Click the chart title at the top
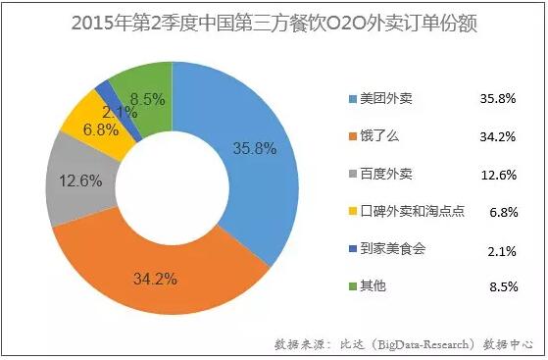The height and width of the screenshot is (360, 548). point(274,22)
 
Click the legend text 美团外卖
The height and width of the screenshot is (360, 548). point(386,98)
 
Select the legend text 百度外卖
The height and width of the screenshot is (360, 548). point(386,174)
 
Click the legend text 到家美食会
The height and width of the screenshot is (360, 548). point(392,249)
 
